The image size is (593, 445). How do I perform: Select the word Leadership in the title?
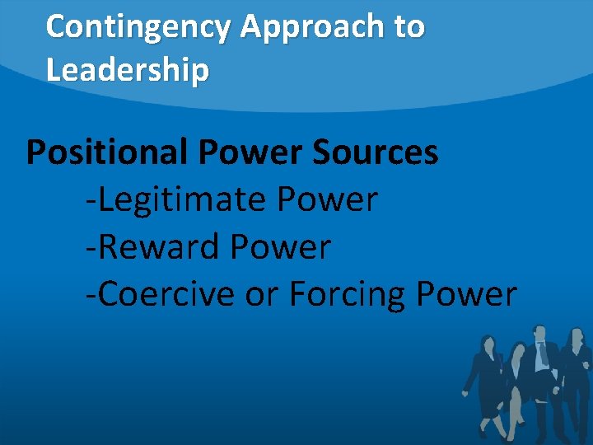coord(128,70)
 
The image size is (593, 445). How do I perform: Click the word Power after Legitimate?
coord(328,199)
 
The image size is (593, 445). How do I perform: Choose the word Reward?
coord(152,246)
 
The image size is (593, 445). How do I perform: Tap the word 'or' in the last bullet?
coord(259,293)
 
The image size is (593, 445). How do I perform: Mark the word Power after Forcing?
coord(467,293)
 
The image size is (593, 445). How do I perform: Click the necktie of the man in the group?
coord(543,355)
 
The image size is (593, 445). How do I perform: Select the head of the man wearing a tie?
coord(540,333)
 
